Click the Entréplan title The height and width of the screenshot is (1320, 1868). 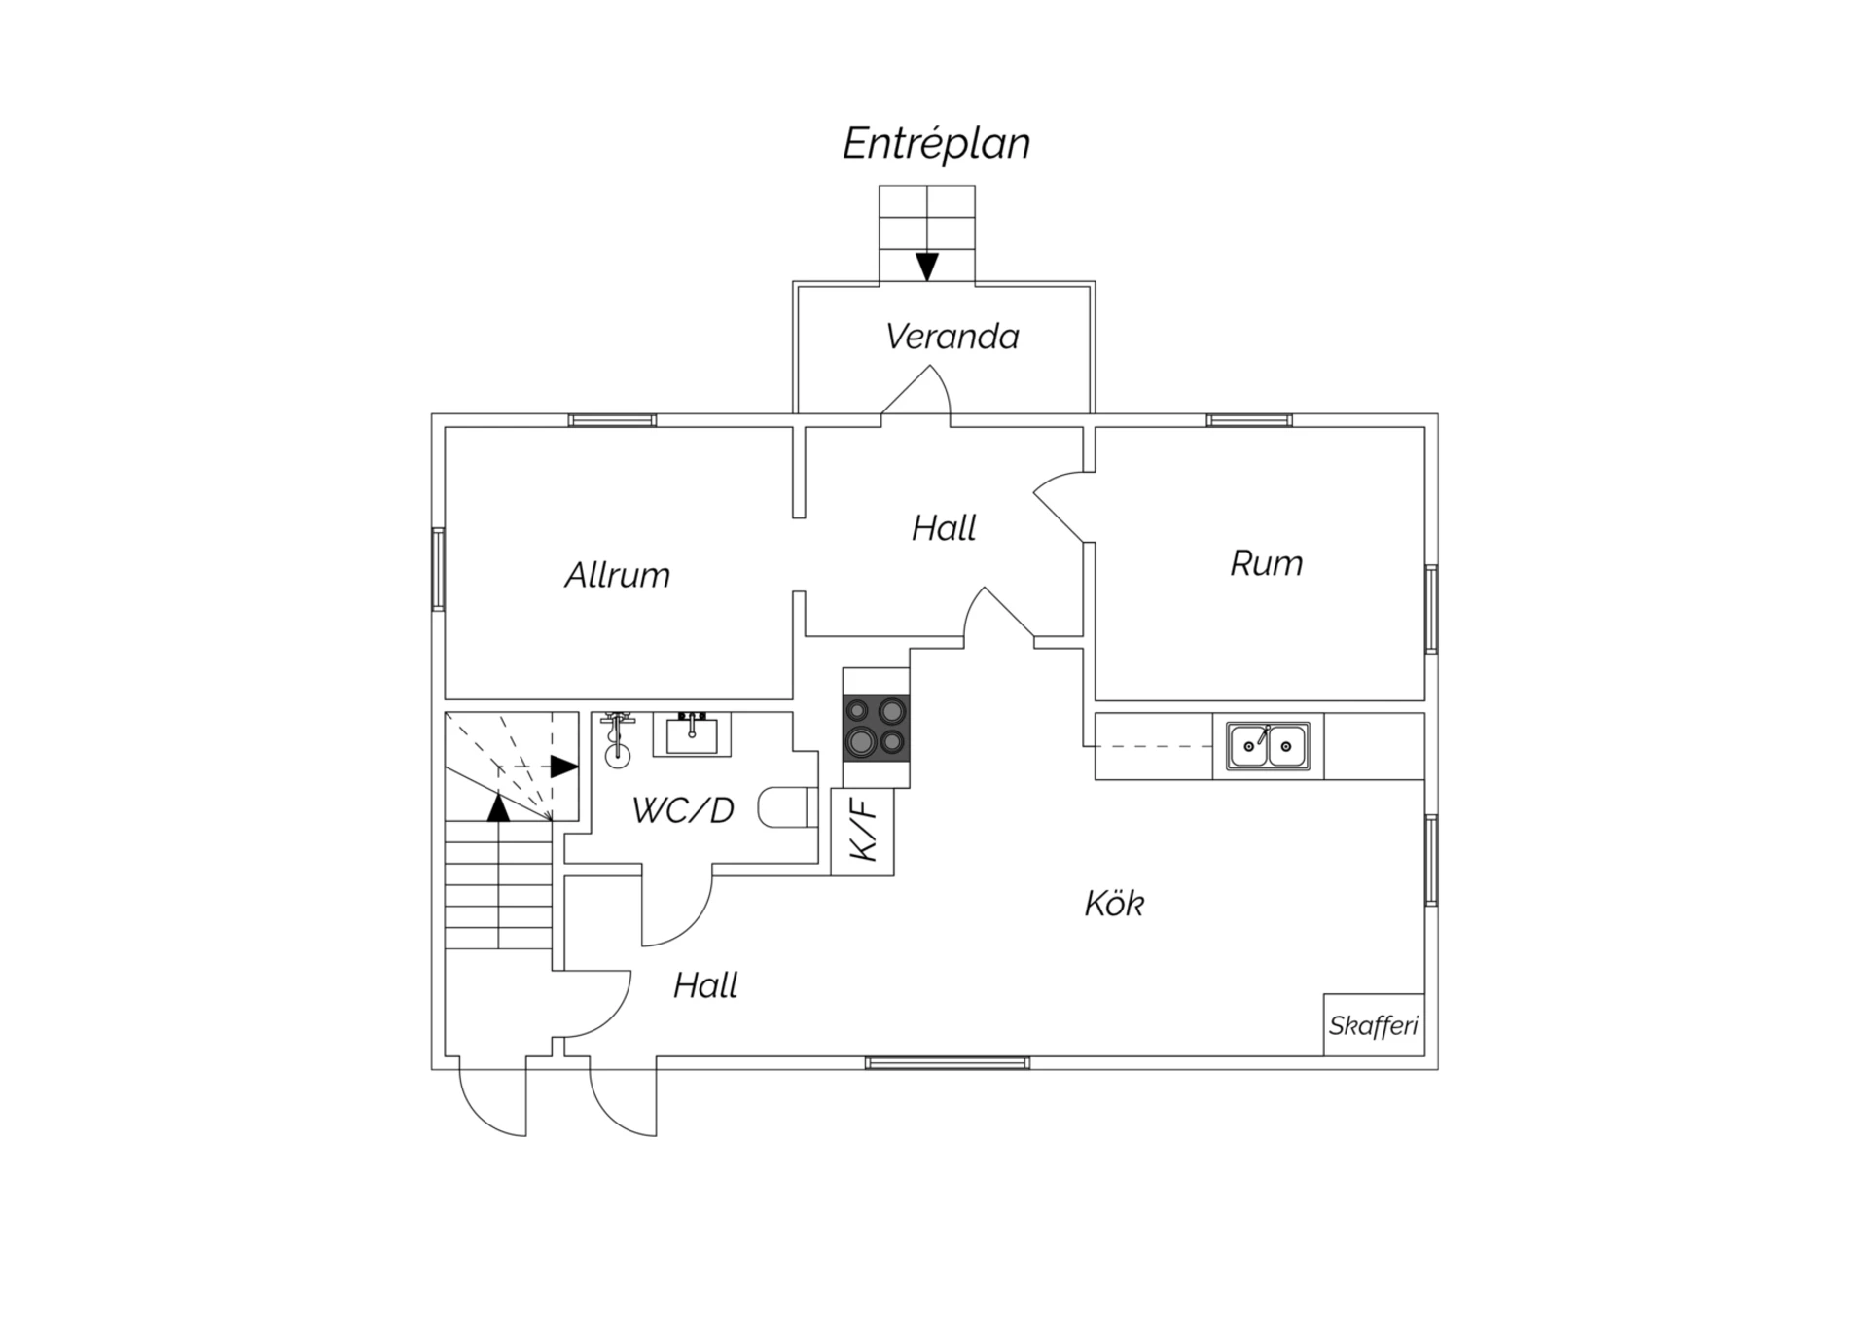pos(936,144)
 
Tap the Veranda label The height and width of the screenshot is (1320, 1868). pos(952,337)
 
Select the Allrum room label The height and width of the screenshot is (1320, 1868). pos(617,575)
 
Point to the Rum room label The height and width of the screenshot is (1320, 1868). pos(1266,563)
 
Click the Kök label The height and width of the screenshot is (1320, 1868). pos(1114,904)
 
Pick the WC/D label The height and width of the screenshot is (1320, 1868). pos(683,810)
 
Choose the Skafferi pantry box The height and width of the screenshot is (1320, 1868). pos(1374,1025)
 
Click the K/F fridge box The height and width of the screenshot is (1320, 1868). pos(863,832)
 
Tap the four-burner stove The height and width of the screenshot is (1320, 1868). pos(877,728)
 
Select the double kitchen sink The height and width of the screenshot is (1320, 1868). pos(1268,746)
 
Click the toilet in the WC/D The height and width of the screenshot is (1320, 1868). pos(786,806)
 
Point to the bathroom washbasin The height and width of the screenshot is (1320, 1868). pos(692,734)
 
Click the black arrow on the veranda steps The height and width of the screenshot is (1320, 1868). pos(927,266)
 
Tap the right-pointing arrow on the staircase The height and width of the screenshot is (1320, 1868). pos(564,767)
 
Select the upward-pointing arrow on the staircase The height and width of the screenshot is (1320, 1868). pos(498,807)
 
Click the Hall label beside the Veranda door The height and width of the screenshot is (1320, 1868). pos(944,528)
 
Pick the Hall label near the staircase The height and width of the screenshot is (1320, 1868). pos(705,985)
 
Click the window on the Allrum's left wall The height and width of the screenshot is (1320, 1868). pos(439,569)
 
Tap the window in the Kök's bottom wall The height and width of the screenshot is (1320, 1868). pos(948,1063)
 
